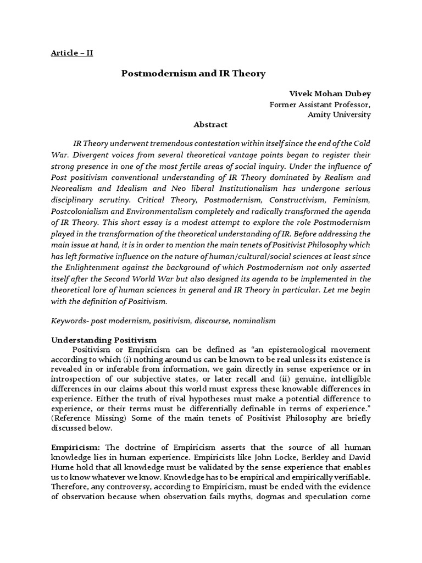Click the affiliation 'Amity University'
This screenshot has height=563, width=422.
338,114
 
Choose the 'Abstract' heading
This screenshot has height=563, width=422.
210,125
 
